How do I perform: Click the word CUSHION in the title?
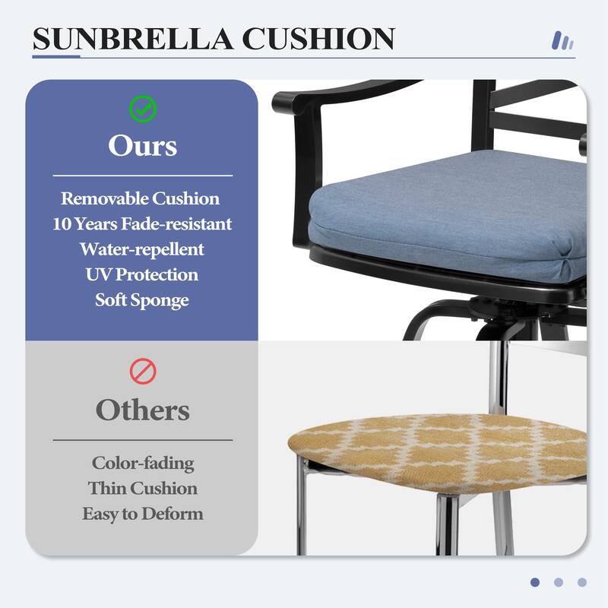pos(328,39)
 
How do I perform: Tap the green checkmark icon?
pos(142,109)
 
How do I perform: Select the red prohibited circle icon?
pos(142,372)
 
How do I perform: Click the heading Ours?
pos(142,144)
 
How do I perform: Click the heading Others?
pos(142,410)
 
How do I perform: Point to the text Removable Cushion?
pos(141,199)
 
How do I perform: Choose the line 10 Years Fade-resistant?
pos(142,224)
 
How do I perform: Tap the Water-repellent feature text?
pos(142,249)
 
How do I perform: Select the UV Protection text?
pos(142,274)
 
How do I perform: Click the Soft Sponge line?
pos(142,299)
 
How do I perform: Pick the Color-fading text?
pos(143,463)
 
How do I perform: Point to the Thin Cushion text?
pos(143,488)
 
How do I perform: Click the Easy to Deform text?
pos(143,514)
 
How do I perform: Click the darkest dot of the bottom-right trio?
pos(535,582)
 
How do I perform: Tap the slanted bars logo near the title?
pos(562,40)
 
